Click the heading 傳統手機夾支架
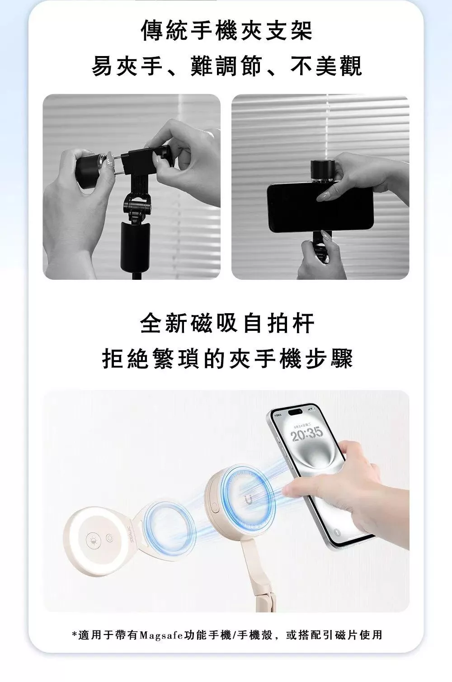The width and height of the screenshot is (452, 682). (226, 30)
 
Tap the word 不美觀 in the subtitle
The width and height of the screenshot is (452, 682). (326, 66)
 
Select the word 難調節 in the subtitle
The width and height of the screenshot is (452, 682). (226, 66)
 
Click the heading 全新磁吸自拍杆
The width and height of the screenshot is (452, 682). (227, 323)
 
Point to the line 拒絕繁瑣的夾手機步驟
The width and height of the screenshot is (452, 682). (227, 358)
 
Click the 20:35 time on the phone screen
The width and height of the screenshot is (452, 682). (306, 434)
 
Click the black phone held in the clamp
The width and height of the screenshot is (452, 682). (320, 207)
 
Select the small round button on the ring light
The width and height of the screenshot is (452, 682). (109, 538)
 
